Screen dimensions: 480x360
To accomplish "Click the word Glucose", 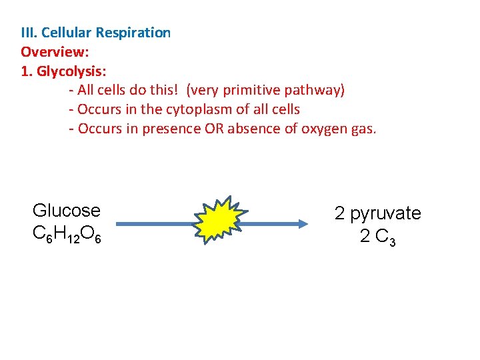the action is tap(67, 211).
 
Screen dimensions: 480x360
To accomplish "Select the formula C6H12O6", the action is tap(67, 235).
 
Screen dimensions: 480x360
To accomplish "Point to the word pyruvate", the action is tap(385, 213).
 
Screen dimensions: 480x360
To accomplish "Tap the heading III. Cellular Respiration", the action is tap(96, 33).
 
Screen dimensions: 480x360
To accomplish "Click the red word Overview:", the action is tap(55, 51).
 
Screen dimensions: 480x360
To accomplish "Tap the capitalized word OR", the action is tap(213, 129).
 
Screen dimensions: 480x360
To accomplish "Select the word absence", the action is tap(255, 129).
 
